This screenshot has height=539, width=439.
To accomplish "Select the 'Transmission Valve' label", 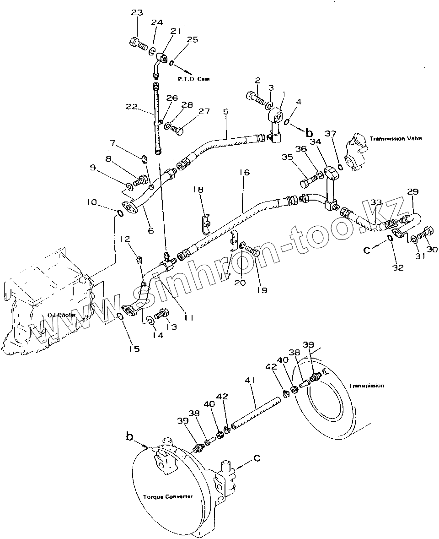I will click(396, 138).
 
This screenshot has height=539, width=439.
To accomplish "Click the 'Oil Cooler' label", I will click(61, 315).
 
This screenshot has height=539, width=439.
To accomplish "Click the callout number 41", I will click(250, 381).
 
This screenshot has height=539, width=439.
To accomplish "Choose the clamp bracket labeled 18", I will click(206, 222).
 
